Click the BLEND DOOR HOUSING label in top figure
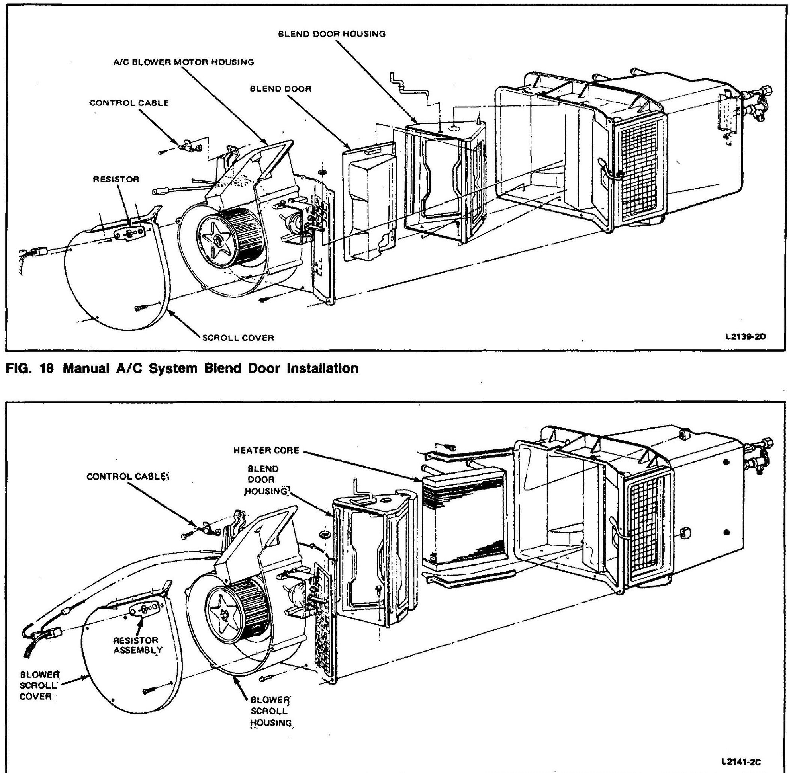[x=331, y=34]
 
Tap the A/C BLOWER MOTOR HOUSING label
[x=183, y=62]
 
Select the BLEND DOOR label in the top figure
[x=280, y=88]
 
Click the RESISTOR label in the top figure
[x=116, y=179]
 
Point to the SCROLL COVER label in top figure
[x=238, y=338]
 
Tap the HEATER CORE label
[x=266, y=450]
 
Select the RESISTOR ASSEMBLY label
[x=137, y=645]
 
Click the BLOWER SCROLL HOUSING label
[x=270, y=711]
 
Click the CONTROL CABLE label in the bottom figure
[x=127, y=476]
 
